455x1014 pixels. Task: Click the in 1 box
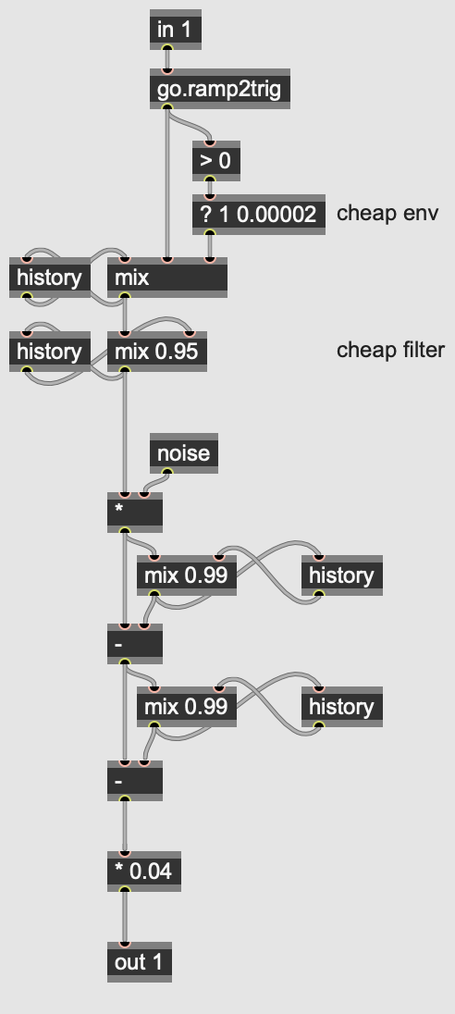(x=176, y=30)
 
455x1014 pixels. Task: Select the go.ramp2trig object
(x=220, y=89)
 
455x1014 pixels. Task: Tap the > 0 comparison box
(x=216, y=161)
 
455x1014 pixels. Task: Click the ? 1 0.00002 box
(x=259, y=214)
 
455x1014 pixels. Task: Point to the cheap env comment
(x=387, y=213)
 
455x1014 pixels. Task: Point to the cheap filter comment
(x=391, y=350)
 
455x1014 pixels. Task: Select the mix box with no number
(x=167, y=278)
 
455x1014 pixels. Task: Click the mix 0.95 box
(x=157, y=352)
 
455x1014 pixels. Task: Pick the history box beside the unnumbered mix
(x=50, y=278)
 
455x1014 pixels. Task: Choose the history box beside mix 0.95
(x=50, y=352)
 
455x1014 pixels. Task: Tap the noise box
(x=184, y=453)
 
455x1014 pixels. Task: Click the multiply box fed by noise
(x=135, y=513)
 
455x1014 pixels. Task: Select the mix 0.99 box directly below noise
(x=187, y=575)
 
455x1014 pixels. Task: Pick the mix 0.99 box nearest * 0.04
(x=187, y=706)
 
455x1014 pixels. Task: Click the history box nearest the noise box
(x=342, y=575)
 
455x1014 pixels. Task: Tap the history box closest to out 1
(x=342, y=706)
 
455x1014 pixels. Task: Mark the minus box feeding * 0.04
(x=135, y=781)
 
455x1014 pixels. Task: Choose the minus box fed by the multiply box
(x=135, y=643)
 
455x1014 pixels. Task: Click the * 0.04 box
(x=144, y=872)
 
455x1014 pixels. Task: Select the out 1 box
(x=140, y=962)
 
